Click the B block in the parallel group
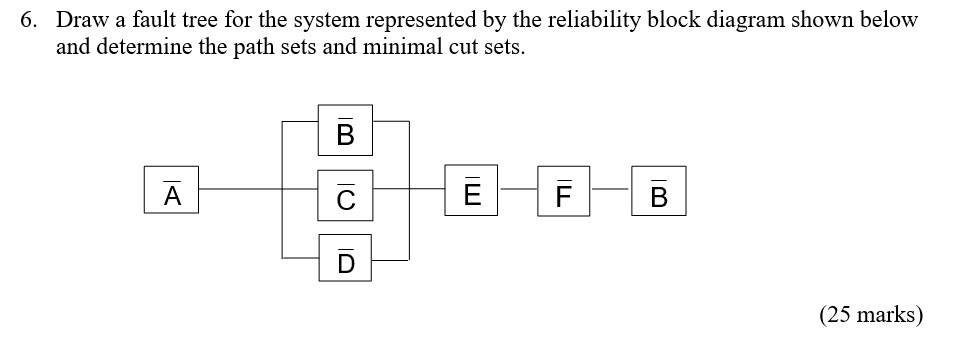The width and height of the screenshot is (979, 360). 345,131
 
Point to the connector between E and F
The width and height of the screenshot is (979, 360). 518,189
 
